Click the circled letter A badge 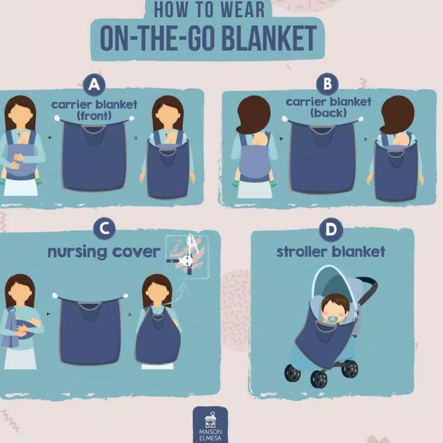[94, 86]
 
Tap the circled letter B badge [326, 84]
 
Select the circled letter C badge [104, 228]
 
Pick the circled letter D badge [331, 229]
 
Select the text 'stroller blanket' [331, 252]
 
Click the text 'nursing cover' [103, 252]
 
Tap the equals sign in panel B [364, 139]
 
